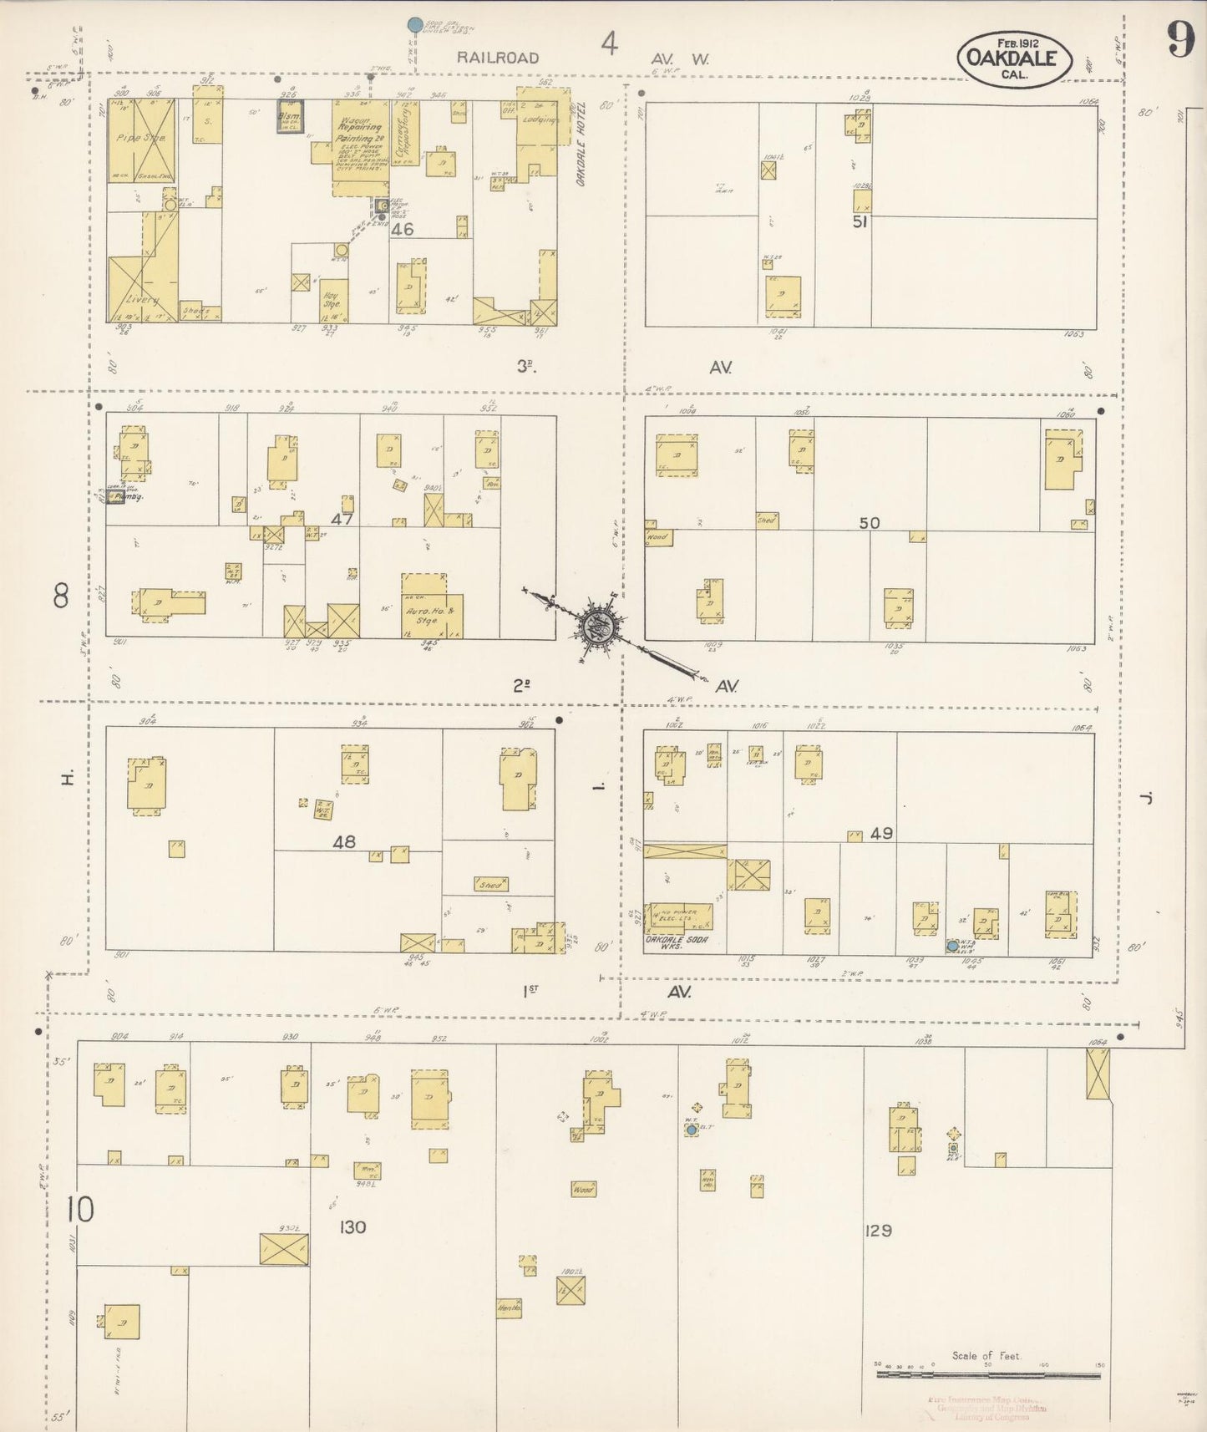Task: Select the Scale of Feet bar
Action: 987,1373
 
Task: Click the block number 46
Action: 402,228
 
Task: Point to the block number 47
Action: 342,519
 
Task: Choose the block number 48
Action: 344,841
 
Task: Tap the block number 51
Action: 860,221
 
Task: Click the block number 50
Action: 870,522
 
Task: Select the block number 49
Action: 881,833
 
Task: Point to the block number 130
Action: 353,1226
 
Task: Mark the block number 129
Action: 879,1230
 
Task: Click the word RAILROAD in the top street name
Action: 497,58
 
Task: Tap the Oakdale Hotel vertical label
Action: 581,144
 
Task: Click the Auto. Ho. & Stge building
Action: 432,607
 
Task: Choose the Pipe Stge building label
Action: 140,138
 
